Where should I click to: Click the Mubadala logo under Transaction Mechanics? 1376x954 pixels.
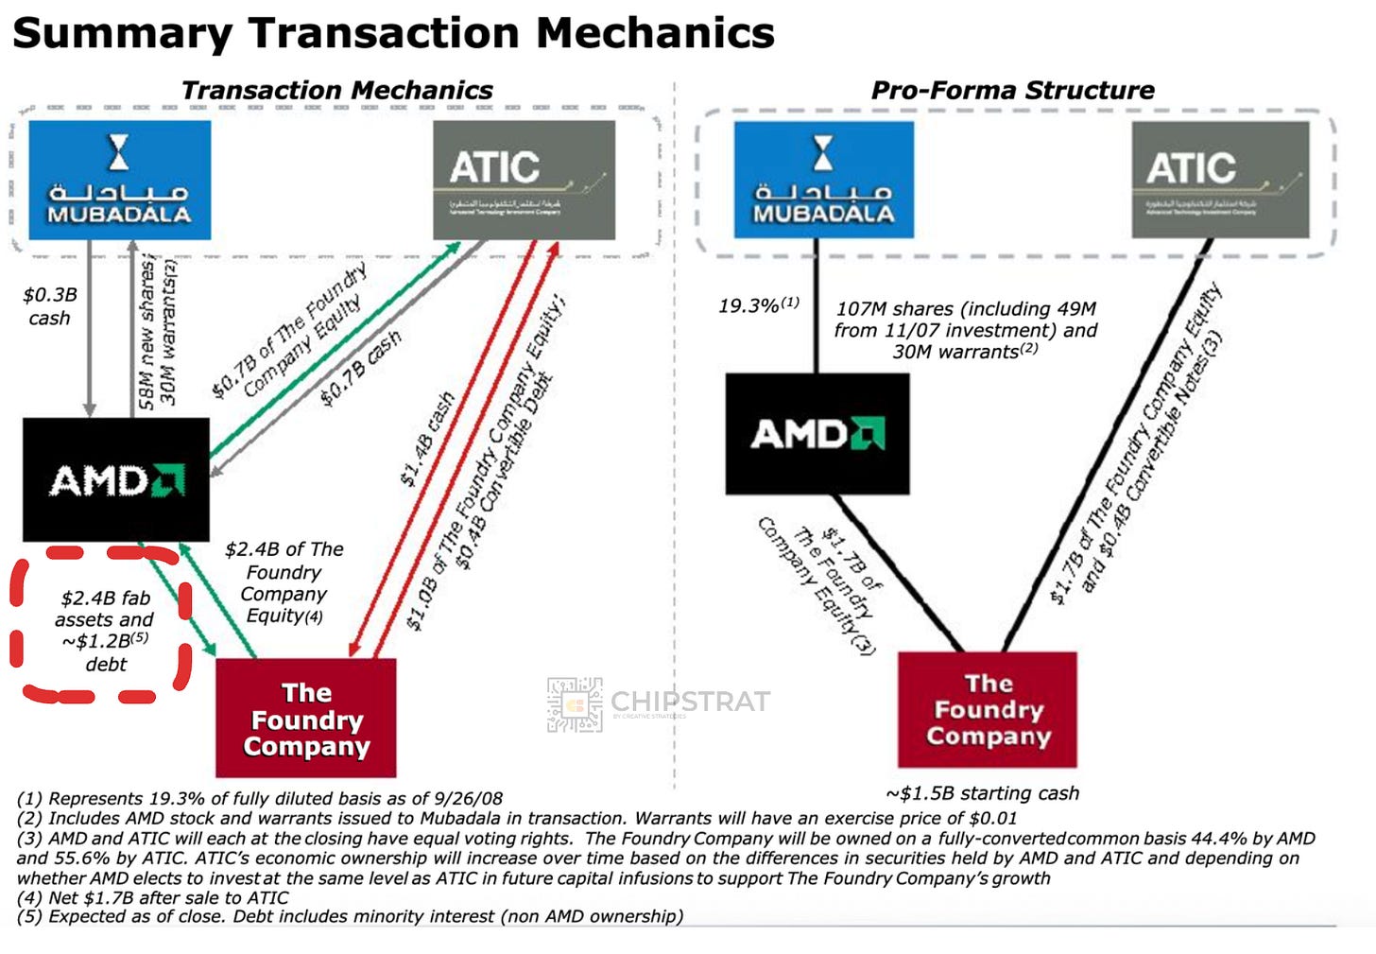click(119, 180)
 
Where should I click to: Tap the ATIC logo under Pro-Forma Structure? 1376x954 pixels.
click(1220, 180)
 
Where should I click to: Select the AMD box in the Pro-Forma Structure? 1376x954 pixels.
click(817, 434)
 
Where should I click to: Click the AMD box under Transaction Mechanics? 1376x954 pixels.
click(115, 479)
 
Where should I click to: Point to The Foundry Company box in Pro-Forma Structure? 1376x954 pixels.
click(987, 709)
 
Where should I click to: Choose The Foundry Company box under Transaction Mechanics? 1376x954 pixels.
click(305, 719)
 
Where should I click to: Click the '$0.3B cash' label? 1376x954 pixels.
click(49, 306)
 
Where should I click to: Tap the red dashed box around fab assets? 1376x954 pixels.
click(102, 625)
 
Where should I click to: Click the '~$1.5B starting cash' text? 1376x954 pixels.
click(982, 793)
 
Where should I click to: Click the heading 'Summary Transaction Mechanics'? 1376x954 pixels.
click(393, 33)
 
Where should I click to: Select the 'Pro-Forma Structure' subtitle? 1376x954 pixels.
click(1012, 91)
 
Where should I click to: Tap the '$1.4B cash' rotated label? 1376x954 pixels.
click(427, 440)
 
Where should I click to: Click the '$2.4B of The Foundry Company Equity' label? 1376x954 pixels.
click(284, 582)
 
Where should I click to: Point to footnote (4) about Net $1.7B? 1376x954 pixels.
click(152, 897)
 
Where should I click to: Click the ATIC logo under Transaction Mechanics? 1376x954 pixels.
click(524, 180)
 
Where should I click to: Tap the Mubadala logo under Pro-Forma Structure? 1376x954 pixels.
click(823, 180)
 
